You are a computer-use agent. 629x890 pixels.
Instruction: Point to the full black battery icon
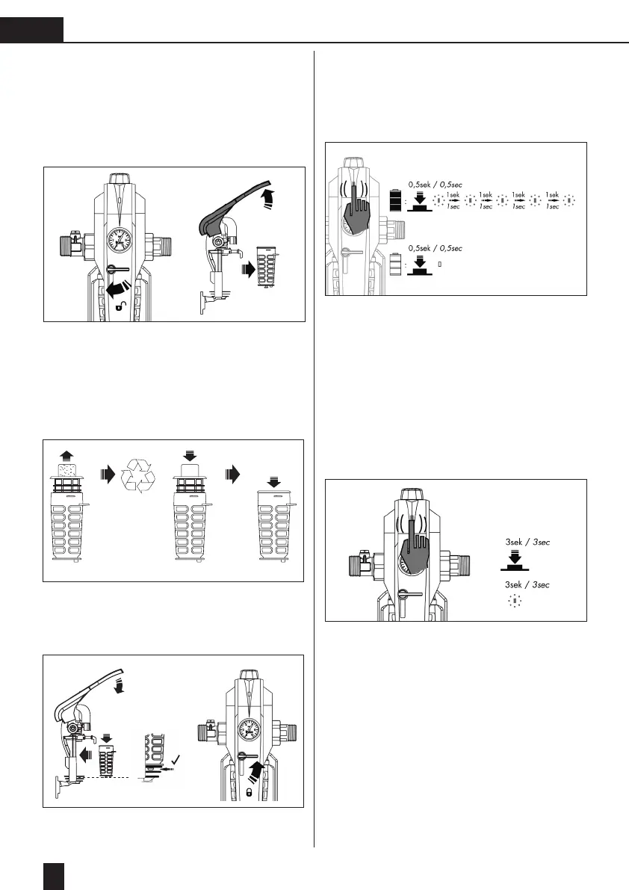[396, 202]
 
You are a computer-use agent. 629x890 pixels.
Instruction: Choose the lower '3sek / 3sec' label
[527, 584]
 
